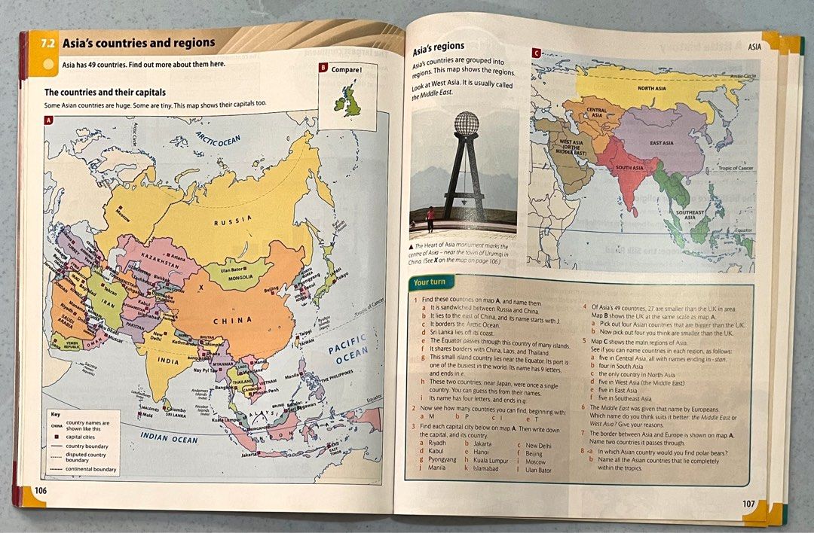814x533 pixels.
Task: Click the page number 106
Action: pyautogui.click(x=40, y=490)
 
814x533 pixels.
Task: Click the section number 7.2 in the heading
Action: pyautogui.click(x=48, y=44)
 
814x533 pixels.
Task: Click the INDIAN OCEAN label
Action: pyautogui.click(x=169, y=439)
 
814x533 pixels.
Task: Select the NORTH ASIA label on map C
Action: pyautogui.click(x=655, y=88)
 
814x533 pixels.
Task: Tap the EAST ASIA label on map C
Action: pyautogui.click(x=661, y=142)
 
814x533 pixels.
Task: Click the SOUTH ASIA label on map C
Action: pyautogui.click(x=629, y=167)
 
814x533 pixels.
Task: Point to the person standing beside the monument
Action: pyautogui.click(x=430, y=219)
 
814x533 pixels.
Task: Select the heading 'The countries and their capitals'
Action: pyautogui.click(x=105, y=92)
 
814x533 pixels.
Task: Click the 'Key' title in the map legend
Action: pyautogui.click(x=55, y=414)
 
